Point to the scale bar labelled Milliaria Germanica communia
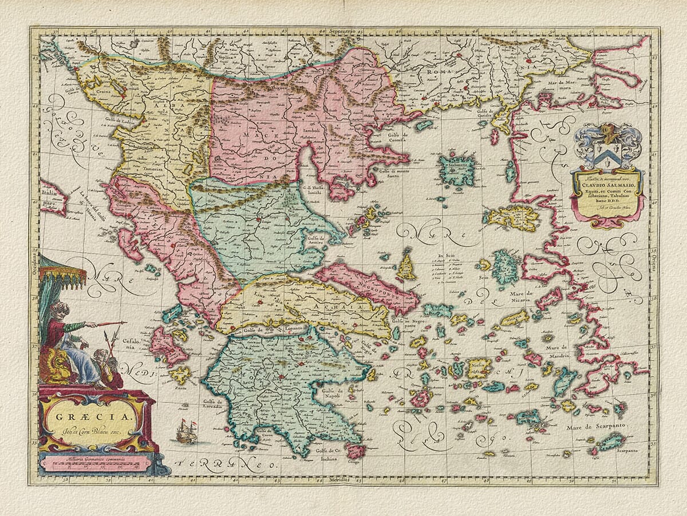[95, 463]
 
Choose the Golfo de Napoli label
[329, 394]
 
